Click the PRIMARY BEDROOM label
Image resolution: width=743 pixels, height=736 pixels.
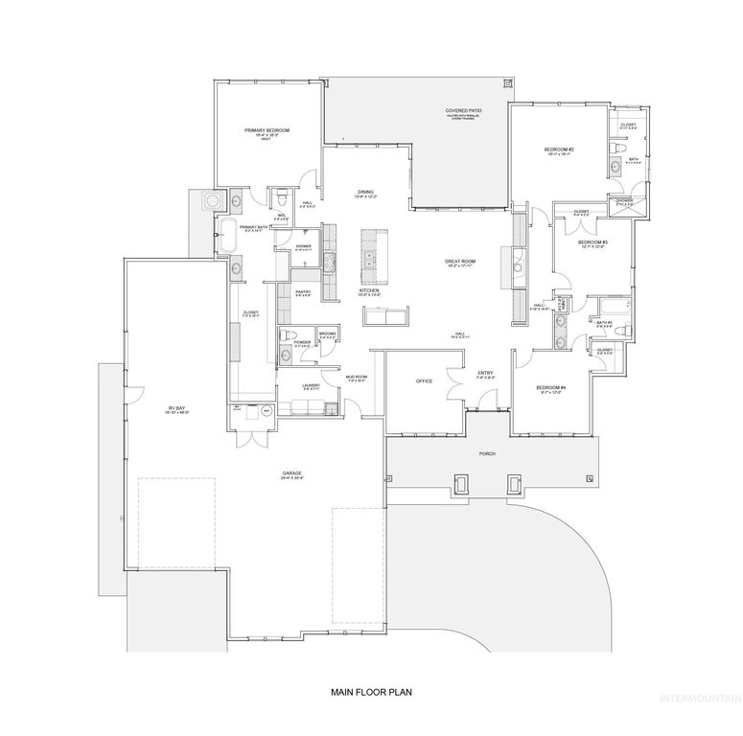tap(267, 129)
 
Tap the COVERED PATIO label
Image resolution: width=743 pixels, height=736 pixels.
tap(463, 111)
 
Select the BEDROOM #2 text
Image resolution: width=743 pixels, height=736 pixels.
tap(558, 149)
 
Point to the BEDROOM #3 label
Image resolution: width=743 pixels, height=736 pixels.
tap(592, 242)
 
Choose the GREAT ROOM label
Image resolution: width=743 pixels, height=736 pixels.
tap(460, 261)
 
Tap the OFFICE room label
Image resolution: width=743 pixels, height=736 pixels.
tap(424, 380)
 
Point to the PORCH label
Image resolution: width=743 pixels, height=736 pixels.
tap(488, 453)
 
